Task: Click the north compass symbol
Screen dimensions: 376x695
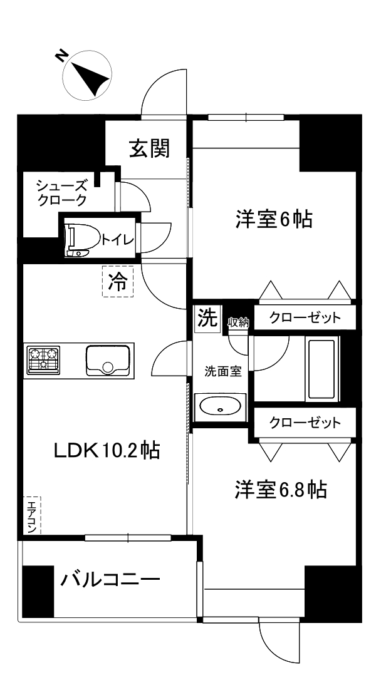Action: click(x=88, y=75)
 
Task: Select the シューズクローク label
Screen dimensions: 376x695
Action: click(x=61, y=193)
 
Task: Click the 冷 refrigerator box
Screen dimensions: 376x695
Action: click(x=117, y=282)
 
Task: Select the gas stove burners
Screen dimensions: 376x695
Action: click(x=43, y=359)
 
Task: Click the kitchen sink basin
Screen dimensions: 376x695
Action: click(x=103, y=360)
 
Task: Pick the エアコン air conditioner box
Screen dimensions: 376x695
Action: click(x=31, y=515)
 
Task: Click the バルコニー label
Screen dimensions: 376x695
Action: click(x=110, y=580)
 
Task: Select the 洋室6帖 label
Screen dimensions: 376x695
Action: click(x=274, y=220)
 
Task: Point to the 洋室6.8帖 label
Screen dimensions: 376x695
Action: click(x=280, y=490)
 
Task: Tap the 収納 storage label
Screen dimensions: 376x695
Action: click(x=239, y=322)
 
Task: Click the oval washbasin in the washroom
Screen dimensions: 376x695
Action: click(x=219, y=408)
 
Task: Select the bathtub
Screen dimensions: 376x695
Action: click(x=322, y=369)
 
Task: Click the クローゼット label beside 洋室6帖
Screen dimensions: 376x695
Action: click(x=305, y=317)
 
